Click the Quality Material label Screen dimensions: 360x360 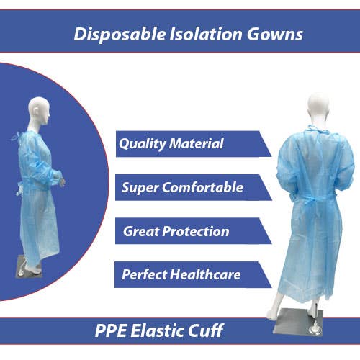pos(171,143)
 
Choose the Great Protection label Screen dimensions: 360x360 pos(176,231)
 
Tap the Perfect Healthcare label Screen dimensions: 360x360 pos(181,274)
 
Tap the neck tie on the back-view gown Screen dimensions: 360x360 pos(312,130)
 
